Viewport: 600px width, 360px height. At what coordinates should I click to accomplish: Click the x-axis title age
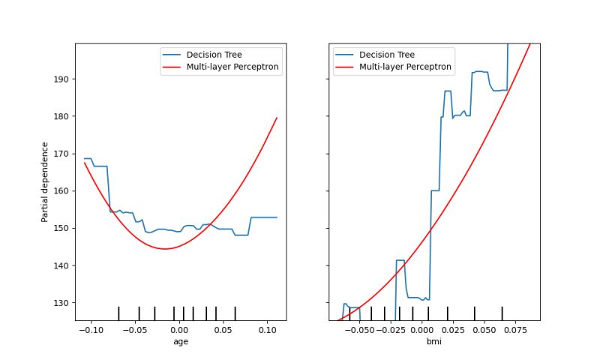[180, 341]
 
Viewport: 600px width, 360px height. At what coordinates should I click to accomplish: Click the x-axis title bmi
[434, 341]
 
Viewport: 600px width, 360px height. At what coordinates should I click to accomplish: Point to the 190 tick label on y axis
[61, 79]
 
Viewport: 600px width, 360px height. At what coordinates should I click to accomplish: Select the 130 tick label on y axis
[61, 303]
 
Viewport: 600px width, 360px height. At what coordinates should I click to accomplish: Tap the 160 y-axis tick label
[61, 191]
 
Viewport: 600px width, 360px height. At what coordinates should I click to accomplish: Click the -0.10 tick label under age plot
[89, 329]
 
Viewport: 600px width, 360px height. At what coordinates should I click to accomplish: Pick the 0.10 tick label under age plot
[267, 329]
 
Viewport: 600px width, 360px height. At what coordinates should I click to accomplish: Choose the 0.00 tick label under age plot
[178, 329]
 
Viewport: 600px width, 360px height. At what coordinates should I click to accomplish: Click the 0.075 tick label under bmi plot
[515, 329]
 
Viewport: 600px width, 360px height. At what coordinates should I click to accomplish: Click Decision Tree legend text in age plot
[214, 55]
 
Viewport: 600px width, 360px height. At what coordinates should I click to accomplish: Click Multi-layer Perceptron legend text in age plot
[232, 67]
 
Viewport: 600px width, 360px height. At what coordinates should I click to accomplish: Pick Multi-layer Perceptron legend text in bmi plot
[406, 67]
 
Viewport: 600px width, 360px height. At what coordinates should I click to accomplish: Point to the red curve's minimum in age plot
[164, 249]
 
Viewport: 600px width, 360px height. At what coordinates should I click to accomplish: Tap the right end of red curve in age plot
[277, 117]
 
